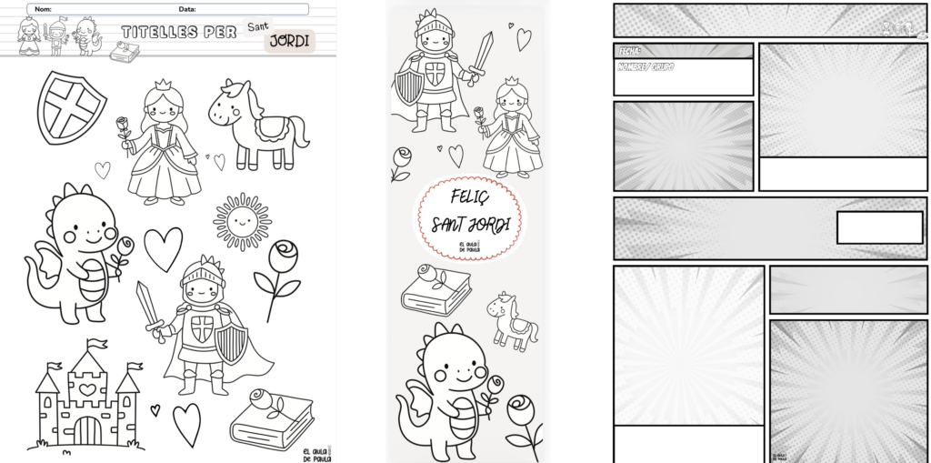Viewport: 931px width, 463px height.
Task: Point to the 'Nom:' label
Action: [42, 8]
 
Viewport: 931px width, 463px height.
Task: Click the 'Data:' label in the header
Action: [187, 8]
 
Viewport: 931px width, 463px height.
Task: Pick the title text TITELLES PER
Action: [178, 33]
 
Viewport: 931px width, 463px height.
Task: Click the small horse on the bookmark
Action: [510, 319]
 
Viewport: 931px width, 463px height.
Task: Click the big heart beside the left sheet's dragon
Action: [164, 248]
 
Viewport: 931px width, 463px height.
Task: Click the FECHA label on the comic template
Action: [628, 51]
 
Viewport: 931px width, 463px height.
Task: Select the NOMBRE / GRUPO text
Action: [646, 67]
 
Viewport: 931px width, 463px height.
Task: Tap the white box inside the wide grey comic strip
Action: [866, 227]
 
